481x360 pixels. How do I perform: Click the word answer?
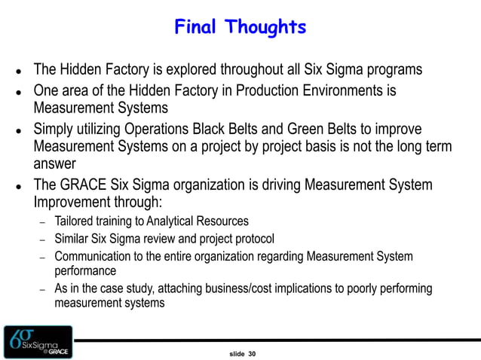[x=55, y=163]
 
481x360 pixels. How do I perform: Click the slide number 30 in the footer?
[x=252, y=352]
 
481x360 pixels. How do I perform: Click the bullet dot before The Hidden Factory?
[x=17, y=72]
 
